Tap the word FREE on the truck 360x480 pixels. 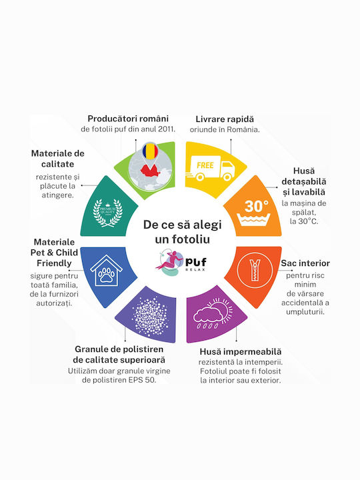coord(205,165)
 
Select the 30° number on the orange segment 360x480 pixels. coord(256,206)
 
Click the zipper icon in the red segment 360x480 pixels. coord(255,270)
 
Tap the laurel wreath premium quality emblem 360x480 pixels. coord(108,213)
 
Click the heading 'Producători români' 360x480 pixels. coord(128,119)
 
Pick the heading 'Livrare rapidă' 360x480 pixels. coord(225,119)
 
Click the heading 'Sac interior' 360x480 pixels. coord(305,263)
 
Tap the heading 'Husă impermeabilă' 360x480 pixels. coord(240,352)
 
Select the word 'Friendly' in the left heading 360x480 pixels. coord(54,263)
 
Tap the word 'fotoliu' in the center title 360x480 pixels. coord(192,239)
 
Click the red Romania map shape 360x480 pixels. coord(150,171)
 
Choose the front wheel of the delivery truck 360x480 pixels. coord(227,177)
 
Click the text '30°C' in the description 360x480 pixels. coord(307,221)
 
